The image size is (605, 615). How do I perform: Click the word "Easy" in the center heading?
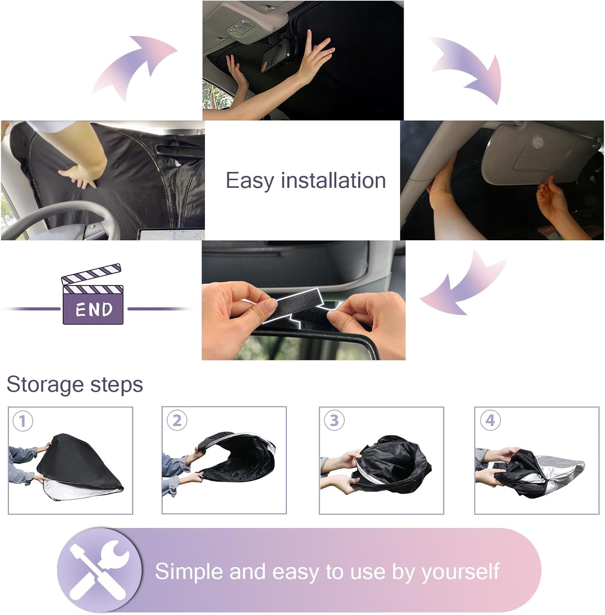250,181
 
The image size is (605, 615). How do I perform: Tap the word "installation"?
333,180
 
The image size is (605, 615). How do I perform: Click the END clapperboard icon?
93,294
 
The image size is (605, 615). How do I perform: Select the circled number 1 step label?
23,421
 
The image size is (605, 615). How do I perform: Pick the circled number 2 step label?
177,420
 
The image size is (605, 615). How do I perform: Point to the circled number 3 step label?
334,420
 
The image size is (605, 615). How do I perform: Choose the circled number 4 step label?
490,420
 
